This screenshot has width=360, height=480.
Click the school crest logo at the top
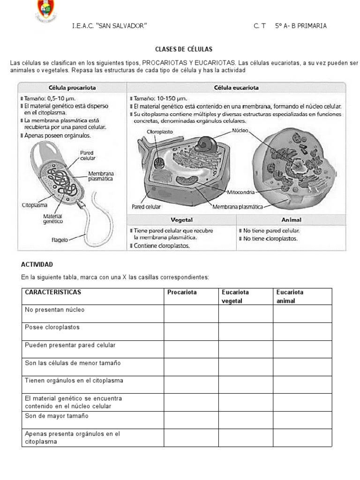coord(45,11)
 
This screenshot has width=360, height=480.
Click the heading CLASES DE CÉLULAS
coord(184,49)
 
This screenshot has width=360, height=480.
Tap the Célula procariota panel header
coord(72,87)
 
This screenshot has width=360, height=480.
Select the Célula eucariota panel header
coord(236,87)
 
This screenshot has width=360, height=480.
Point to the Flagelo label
coord(60,240)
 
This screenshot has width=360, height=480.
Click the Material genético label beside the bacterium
coord(53,218)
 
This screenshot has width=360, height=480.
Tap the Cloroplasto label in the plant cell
coord(159,132)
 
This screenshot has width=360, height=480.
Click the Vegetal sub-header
coord(181,219)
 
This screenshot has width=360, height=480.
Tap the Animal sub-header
coord(291,219)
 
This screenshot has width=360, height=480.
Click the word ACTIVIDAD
coord(37,265)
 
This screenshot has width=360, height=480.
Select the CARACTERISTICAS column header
coord(53,292)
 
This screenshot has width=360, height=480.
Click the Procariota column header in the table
coord(182,292)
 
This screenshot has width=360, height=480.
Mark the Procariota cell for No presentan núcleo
coord(191,314)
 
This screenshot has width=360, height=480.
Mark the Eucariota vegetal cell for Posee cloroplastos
coord(246,331)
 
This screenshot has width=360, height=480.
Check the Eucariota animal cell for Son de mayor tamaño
coord(302,420)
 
